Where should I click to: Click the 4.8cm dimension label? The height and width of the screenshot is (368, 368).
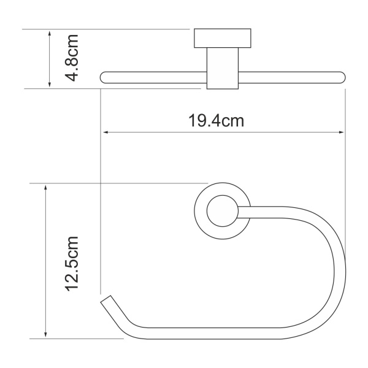click(x=73, y=59)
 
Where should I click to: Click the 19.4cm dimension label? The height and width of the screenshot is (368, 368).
click(x=217, y=121)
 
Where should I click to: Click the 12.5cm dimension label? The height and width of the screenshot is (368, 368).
click(x=73, y=262)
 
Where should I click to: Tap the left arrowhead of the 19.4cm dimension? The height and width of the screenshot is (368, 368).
click(x=105, y=132)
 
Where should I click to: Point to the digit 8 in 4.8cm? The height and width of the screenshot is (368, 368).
click(x=73, y=61)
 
